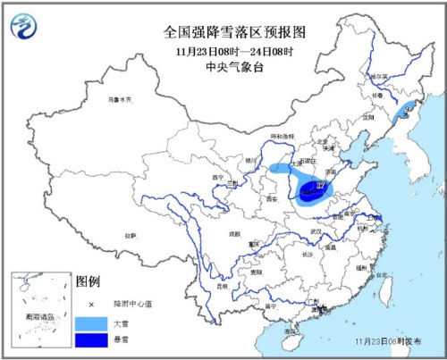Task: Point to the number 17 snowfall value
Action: point(320,186)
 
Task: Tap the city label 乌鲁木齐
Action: point(118,98)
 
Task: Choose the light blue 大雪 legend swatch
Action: point(94,319)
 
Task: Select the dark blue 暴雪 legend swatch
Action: point(94,340)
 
